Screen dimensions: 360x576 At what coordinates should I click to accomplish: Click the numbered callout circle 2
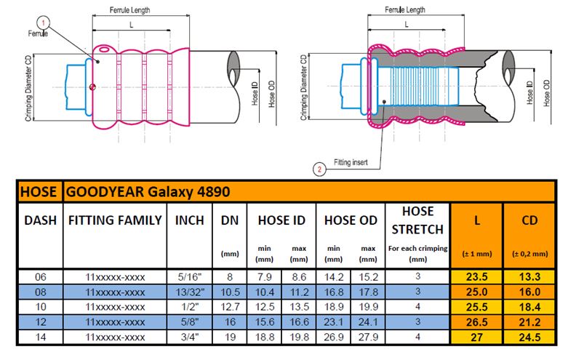(319, 169)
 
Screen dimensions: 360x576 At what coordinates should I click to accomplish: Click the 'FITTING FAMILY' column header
(114, 220)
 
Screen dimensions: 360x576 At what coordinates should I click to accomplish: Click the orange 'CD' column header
(529, 220)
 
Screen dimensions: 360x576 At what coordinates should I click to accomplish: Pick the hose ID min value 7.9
(264, 276)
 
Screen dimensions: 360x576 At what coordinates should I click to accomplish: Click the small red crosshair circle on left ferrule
(92, 88)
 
